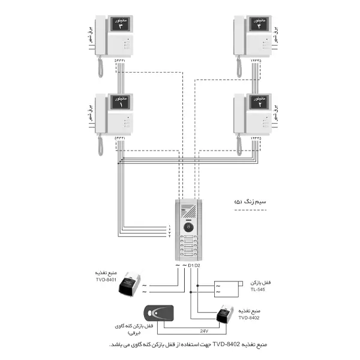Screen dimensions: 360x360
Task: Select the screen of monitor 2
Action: pos(259,103)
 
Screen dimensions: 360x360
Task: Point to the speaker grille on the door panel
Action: pos(189,212)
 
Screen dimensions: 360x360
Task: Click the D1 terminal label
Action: pos(191,265)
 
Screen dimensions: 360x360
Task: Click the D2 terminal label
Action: pos(197,265)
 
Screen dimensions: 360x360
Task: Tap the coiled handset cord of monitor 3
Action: pos(100,69)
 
